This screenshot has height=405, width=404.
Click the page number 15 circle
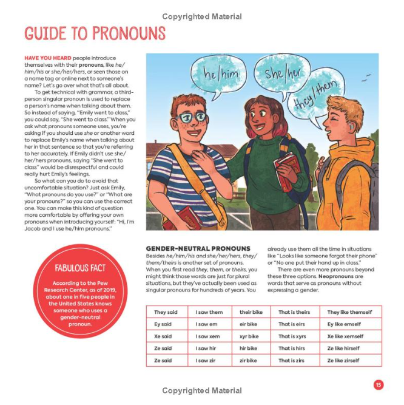point(378,384)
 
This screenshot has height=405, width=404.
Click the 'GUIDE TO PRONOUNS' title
point(95,33)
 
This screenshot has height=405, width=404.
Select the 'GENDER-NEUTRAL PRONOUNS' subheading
point(198,248)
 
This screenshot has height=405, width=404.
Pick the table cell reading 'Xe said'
point(163,336)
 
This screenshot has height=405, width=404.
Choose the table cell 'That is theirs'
point(294,312)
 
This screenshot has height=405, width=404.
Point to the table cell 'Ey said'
point(163,324)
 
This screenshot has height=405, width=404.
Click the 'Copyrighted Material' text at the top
point(201,16)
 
